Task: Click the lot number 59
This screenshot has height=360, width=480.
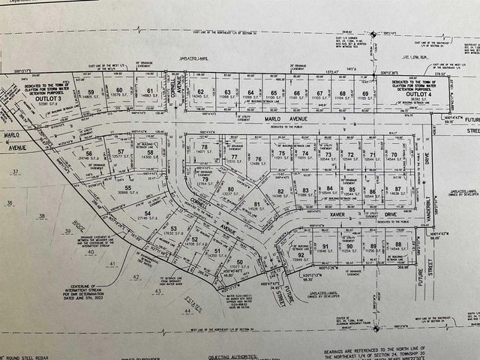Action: coord(89,91)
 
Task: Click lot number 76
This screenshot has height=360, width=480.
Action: coord(258,159)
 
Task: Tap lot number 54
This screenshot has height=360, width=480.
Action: coord(148,214)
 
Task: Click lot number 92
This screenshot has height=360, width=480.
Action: coord(301,255)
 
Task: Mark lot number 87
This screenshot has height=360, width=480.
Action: coord(398,190)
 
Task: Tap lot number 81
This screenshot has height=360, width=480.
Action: coord(256,204)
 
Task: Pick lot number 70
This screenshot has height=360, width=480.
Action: coord(393,154)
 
